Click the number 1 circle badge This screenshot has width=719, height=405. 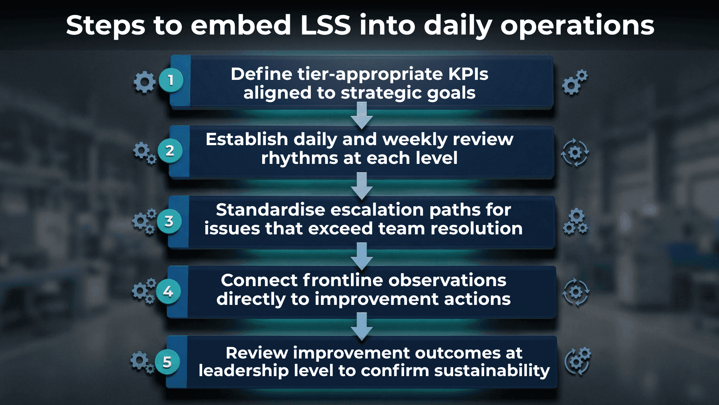(x=171, y=80)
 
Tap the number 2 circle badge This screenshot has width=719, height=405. (x=170, y=151)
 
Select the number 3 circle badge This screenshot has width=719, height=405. (x=169, y=221)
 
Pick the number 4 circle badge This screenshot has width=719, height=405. (x=168, y=291)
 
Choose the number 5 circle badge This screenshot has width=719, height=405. (x=167, y=362)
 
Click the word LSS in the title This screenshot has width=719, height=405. (x=325, y=25)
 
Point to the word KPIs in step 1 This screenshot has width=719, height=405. (x=468, y=74)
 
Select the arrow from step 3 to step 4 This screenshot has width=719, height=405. (x=362, y=256)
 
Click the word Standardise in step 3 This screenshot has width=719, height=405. (x=270, y=210)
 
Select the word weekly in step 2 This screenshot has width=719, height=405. (x=415, y=139)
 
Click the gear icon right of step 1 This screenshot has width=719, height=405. (x=575, y=82)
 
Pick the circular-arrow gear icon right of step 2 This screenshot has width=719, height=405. (x=575, y=153)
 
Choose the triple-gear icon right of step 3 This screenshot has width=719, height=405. (x=576, y=222)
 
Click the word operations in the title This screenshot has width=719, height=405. (x=577, y=25)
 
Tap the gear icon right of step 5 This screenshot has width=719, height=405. (x=577, y=361)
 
